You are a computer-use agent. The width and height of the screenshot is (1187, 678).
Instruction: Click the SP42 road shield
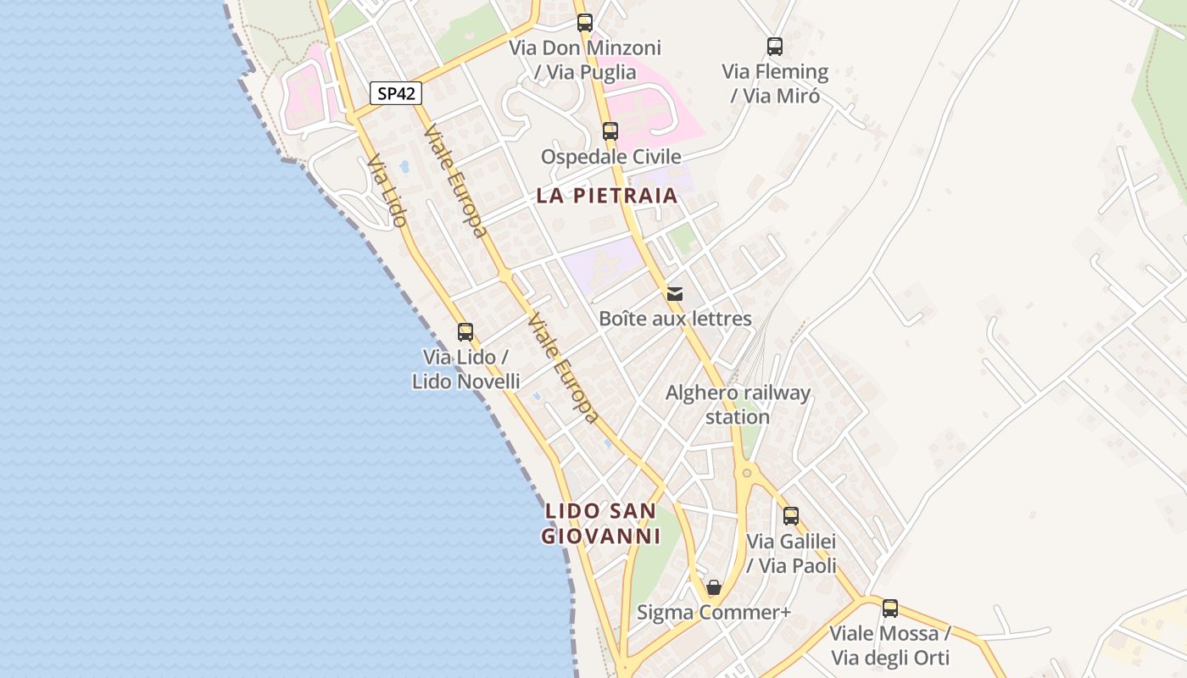pyautogui.click(x=396, y=93)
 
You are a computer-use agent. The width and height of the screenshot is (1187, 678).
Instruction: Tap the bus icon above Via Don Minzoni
pyautogui.click(x=585, y=23)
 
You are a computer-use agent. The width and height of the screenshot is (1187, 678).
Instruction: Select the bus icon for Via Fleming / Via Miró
pyautogui.click(x=775, y=47)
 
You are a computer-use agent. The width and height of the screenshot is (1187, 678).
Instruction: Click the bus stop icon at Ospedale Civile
pyautogui.click(x=610, y=131)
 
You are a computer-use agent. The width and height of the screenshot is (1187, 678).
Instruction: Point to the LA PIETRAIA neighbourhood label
pyautogui.click(x=607, y=196)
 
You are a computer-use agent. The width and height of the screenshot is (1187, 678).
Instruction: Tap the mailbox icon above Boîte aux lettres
pyautogui.click(x=675, y=294)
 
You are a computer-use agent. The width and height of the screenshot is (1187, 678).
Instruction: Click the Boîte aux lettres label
pyautogui.click(x=675, y=319)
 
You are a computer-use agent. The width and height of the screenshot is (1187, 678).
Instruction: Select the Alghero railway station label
pyautogui.click(x=738, y=405)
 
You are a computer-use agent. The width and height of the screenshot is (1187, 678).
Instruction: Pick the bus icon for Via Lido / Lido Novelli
pyautogui.click(x=465, y=332)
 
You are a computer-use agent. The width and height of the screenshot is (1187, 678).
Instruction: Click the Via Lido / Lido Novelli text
pyautogui.click(x=465, y=370)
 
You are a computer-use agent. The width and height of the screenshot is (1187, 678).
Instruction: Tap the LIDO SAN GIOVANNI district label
pyautogui.click(x=600, y=524)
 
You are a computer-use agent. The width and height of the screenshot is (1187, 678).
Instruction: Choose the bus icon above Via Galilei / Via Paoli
pyautogui.click(x=791, y=515)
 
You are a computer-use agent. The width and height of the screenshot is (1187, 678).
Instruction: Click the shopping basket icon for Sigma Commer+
pyautogui.click(x=714, y=587)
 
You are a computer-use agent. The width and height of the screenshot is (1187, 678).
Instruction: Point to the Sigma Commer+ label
pyautogui.click(x=714, y=612)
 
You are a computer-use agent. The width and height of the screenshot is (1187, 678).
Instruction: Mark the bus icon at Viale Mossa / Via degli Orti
pyautogui.click(x=890, y=609)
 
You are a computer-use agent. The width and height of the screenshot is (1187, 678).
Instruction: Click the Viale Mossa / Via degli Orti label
pyautogui.click(x=890, y=645)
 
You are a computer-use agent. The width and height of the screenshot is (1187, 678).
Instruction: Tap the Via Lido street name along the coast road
pyautogui.click(x=387, y=192)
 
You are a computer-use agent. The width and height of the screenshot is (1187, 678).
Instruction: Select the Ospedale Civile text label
pyautogui.click(x=610, y=157)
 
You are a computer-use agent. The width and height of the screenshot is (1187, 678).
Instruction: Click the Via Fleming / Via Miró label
pyautogui.click(x=775, y=83)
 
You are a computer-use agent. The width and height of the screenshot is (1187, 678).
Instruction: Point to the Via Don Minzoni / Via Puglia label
pyautogui.click(x=585, y=59)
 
